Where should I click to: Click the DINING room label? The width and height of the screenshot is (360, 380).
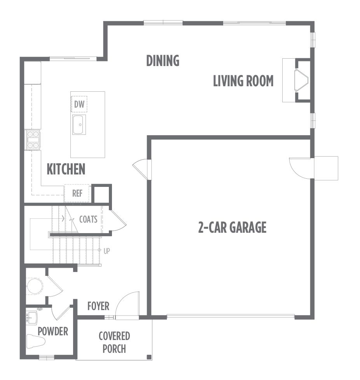[x=163, y=61]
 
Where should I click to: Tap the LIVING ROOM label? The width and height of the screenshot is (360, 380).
[x=243, y=81]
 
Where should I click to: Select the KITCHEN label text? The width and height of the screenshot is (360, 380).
[x=66, y=169]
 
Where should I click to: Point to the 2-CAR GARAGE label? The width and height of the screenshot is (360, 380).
[x=232, y=227]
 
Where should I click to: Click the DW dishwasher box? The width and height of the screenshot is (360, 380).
[x=79, y=104]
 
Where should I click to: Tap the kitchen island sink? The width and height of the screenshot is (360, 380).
[x=79, y=125]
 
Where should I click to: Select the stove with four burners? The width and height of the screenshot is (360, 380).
[x=33, y=139]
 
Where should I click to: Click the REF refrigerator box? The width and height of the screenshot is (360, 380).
[x=77, y=193]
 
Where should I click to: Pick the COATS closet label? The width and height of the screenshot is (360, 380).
[x=88, y=219]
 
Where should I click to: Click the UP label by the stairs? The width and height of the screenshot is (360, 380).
[x=107, y=251]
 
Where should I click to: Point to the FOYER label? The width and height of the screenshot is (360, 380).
[x=98, y=306]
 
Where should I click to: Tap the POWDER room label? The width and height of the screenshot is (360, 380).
[x=53, y=331]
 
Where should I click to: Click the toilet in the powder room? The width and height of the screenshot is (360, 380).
[x=36, y=341]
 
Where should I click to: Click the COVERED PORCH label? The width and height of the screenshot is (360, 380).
[x=114, y=342]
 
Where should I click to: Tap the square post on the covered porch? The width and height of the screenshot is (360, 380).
[x=149, y=357]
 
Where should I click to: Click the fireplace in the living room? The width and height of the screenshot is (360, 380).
[x=301, y=80]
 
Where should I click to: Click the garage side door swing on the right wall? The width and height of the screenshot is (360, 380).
[x=301, y=168]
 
